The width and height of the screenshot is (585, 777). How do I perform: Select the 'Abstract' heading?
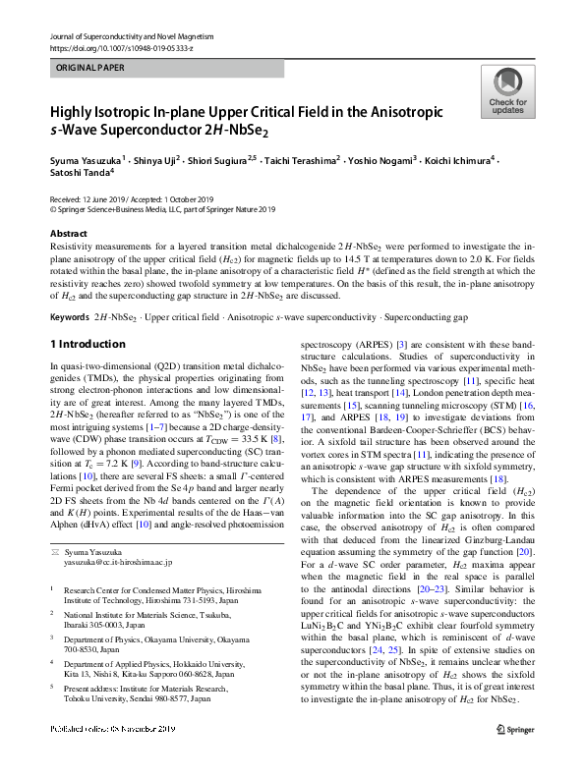click(68, 234)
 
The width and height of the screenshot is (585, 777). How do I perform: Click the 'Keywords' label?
click(69, 292)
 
